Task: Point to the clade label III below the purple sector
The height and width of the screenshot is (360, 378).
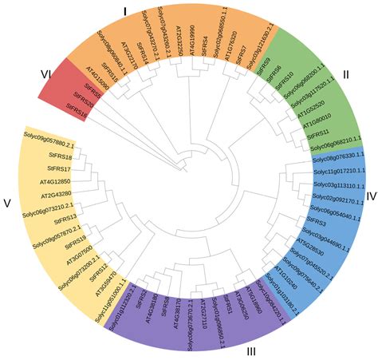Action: [x=250, y=350]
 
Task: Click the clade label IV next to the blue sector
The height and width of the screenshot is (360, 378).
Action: [x=371, y=194]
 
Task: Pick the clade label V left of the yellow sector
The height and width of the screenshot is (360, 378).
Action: [x=7, y=203]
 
